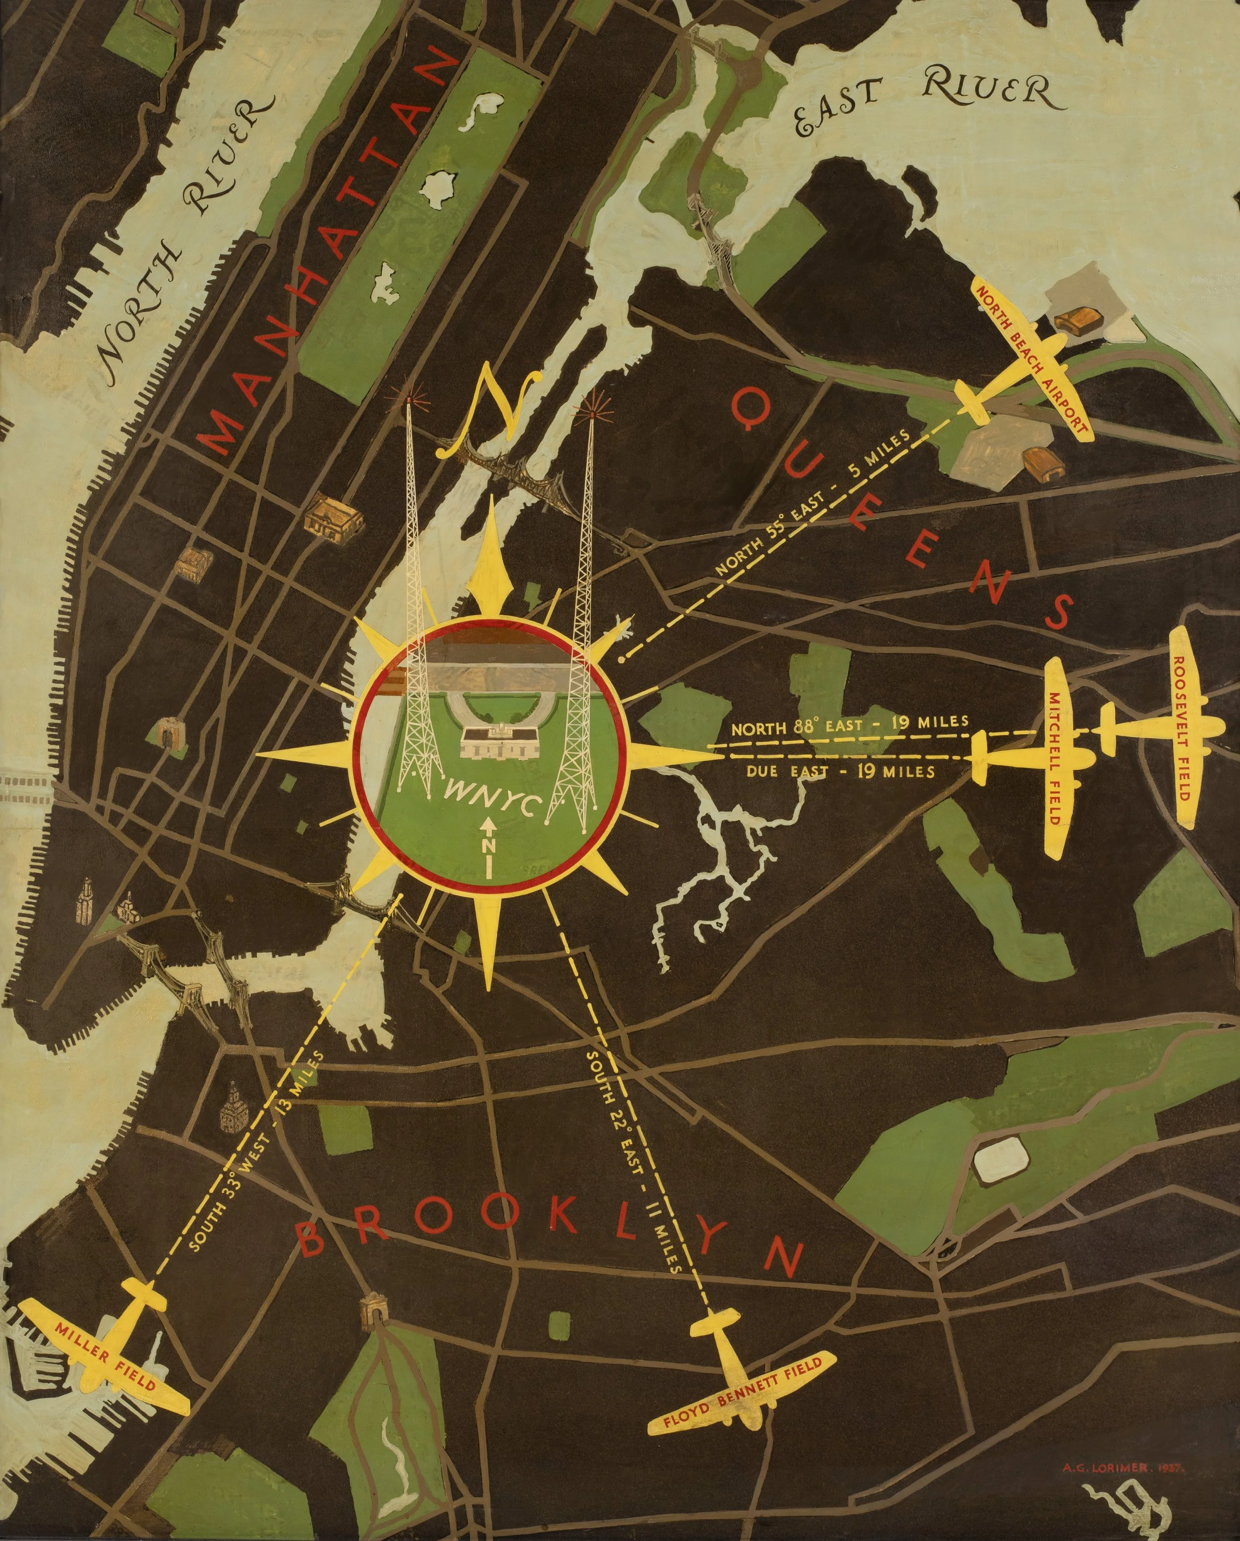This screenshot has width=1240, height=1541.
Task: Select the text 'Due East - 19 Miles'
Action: pos(840,772)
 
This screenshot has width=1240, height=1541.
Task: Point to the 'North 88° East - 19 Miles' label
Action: pos(849,725)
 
